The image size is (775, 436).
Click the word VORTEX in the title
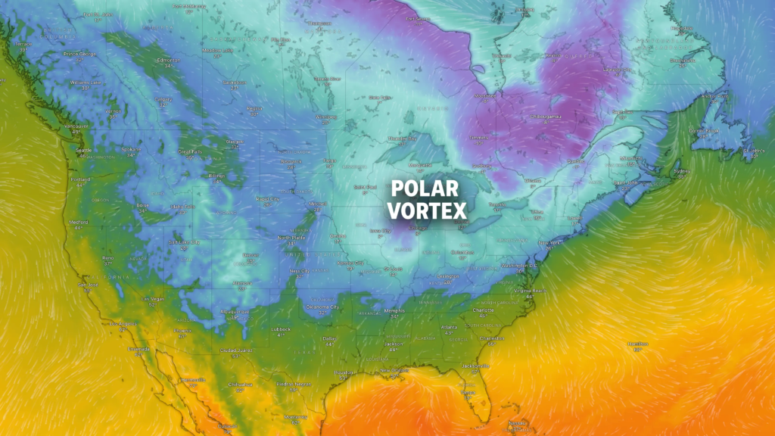pos(428,210)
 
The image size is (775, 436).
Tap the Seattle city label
pos(83,149)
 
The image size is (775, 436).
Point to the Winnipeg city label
pos(326,117)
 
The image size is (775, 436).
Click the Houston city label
pos(345,372)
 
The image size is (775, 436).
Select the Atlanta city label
pos(450,327)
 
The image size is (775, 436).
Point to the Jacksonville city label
pos(475,366)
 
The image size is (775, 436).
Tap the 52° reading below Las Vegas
pos(153,305)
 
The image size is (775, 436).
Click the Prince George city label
pos(82,54)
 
